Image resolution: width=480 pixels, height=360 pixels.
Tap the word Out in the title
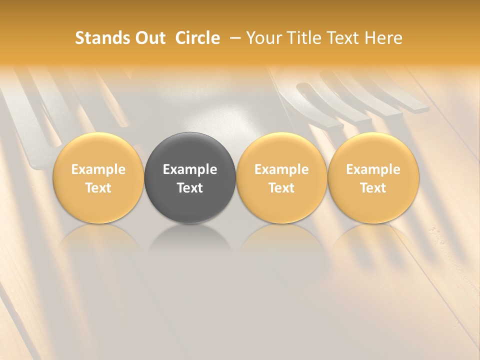point(149,38)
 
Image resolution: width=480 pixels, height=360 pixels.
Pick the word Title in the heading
point(305,38)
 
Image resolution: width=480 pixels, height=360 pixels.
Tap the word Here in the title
point(384,38)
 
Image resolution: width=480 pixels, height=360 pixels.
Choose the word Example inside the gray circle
point(190,169)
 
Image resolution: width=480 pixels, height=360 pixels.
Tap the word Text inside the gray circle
point(190,188)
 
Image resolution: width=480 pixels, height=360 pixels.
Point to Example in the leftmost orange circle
point(98,169)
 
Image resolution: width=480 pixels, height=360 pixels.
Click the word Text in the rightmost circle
point(373,188)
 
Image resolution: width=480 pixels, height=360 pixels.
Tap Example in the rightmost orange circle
point(373,169)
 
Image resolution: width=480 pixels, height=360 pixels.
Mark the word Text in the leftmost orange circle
point(98,188)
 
